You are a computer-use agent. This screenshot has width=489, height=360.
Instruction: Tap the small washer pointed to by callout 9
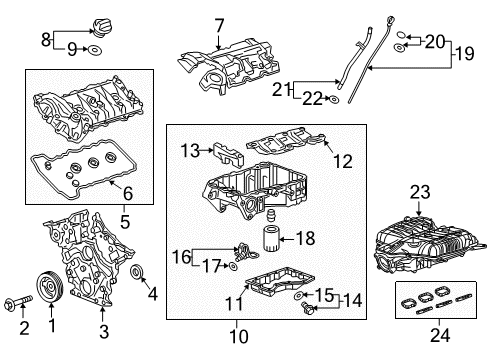[94, 50]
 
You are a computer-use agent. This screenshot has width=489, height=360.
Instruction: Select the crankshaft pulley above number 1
[49, 287]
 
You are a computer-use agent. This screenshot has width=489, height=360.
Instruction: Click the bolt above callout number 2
[18, 301]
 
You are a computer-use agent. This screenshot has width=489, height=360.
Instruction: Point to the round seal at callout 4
[137, 271]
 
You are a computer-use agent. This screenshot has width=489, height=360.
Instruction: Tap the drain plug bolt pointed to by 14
[307, 308]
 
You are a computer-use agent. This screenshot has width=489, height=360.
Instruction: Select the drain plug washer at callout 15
[299, 295]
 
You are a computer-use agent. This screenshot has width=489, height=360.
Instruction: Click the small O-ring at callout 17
[233, 266]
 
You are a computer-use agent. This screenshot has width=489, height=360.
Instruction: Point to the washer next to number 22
[333, 99]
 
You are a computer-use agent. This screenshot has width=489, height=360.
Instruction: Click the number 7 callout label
[219, 26]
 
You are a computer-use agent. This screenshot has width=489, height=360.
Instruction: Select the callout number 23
[420, 192]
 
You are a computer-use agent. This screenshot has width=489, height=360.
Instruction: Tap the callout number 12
[343, 161]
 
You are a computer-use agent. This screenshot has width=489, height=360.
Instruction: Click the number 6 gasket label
[128, 194]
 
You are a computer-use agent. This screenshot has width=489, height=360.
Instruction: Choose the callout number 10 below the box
[239, 336]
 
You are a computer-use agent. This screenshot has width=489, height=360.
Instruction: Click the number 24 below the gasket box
[440, 335]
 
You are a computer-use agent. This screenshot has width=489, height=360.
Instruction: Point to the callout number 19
[464, 53]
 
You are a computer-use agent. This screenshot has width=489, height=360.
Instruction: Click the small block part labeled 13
[229, 154]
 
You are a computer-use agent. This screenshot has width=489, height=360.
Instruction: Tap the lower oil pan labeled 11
[280, 284]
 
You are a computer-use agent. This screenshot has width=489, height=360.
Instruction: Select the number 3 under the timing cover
[104, 331]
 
